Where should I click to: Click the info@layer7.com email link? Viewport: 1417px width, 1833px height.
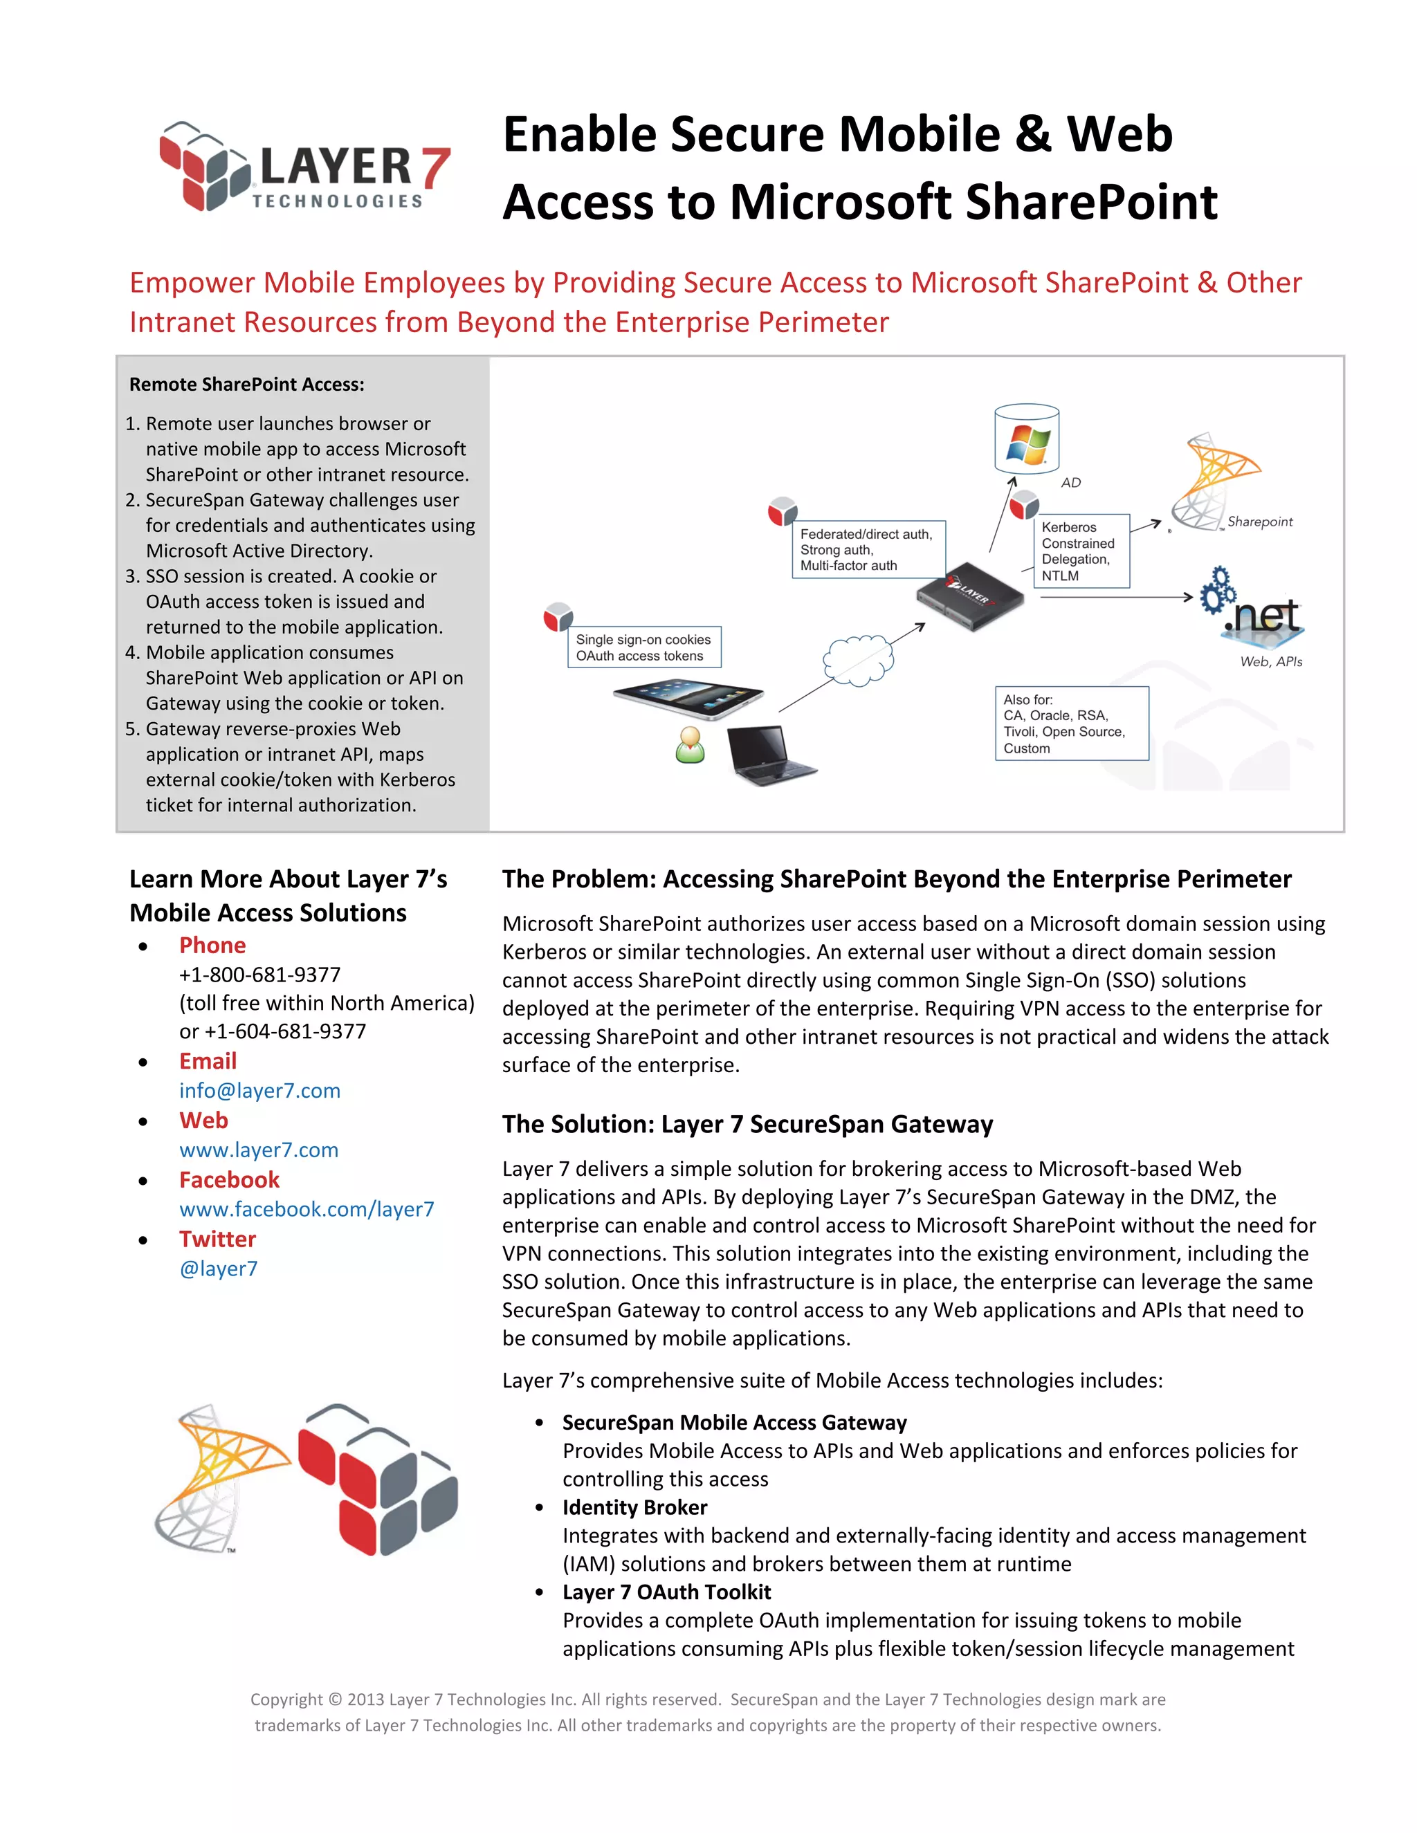click(x=259, y=1090)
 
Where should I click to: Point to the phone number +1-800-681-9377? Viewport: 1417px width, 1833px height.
click(x=259, y=975)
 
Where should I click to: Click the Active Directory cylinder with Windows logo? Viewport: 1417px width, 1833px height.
click(x=1026, y=440)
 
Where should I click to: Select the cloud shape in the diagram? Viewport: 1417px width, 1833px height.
click(x=858, y=661)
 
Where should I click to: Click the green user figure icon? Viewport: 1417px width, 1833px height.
click(x=690, y=745)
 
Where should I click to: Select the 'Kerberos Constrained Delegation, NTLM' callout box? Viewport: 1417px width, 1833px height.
click(x=1081, y=551)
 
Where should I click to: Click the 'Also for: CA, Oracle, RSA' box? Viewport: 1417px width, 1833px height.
click(x=1071, y=724)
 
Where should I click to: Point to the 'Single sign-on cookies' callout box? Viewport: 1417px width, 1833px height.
click(x=644, y=647)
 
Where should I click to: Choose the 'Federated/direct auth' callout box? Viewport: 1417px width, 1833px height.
click(x=868, y=550)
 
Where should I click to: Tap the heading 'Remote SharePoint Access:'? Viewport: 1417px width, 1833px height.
click(x=247, y=385)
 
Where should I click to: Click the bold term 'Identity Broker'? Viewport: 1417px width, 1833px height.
click(x=634, y=1507)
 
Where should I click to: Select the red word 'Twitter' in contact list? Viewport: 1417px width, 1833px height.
click(x=217, y=1239)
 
